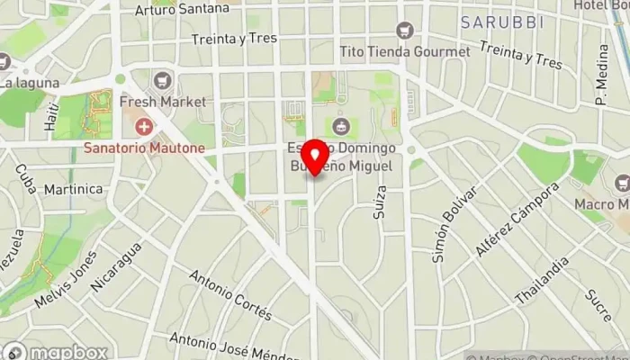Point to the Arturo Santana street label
point(181,10)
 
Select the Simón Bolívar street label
point(451,225)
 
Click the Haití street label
point(50,115)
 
